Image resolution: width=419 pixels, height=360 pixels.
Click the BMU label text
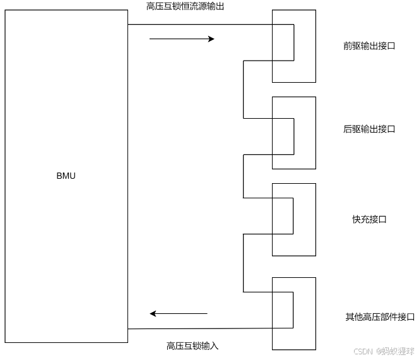coord(66,176)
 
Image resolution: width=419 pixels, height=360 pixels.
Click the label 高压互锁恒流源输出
coord(185,6)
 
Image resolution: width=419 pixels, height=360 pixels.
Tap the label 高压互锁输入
coord(192,345)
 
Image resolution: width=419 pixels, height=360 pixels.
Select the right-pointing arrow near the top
coord(182,39)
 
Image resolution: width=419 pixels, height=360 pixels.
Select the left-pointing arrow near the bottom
coord(179,313)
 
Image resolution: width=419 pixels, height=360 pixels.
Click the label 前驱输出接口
coord(369,46)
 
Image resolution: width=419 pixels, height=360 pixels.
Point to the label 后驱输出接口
coord(369,129)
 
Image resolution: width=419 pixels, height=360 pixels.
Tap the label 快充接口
coord(369,219)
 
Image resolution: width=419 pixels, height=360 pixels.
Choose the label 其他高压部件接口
coord(380,316)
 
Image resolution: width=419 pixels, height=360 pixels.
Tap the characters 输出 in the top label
coord(215,6)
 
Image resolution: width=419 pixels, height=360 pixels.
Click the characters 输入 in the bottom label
coord(210,345)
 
